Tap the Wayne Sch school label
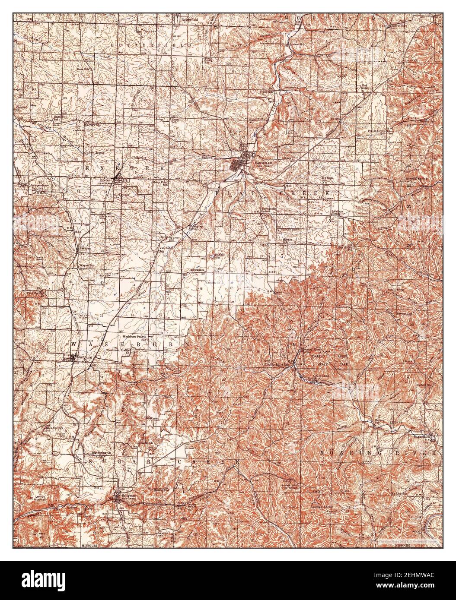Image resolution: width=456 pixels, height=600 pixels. [85, 265]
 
